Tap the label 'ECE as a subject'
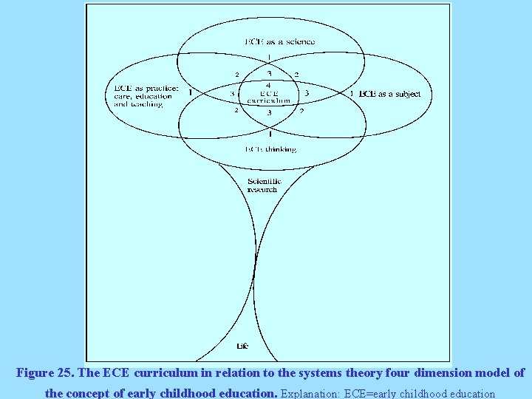389,94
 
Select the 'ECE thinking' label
270,149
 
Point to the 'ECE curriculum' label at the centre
269,97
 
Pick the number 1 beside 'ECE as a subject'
352,94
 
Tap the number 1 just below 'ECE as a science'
269,57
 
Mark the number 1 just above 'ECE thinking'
270,134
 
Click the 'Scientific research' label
262,185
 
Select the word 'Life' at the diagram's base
242,346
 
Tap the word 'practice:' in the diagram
161,89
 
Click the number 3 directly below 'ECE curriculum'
269,113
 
